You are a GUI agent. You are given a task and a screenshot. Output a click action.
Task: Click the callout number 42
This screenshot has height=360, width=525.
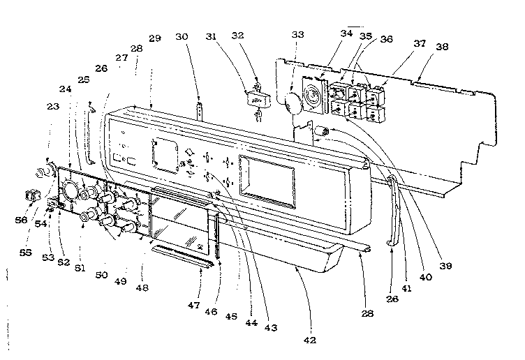click(309, 340)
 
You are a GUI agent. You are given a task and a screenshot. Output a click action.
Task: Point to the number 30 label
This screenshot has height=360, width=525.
click(200, 37)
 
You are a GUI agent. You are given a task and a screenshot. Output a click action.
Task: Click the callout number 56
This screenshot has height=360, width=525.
click(23, 219)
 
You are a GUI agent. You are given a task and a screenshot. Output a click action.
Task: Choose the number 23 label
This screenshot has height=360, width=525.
click(53, 107)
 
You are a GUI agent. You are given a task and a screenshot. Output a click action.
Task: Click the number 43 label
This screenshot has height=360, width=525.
click(269, 329)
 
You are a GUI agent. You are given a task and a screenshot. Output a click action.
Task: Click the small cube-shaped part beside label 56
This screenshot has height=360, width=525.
click(31, 197)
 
